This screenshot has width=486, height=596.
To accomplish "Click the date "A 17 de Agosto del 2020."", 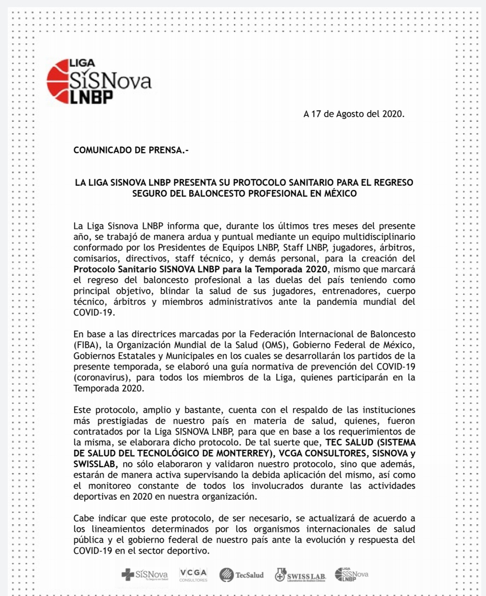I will click(x=354, y=114).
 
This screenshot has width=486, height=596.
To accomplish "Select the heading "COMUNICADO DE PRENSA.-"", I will click(x=131, y=151).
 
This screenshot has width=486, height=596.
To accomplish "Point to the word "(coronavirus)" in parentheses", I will click(x=101, y=378).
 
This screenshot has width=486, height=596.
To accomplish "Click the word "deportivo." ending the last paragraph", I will click(x=189, y=551).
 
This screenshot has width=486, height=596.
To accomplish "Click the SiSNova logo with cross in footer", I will click(x=144, y=575).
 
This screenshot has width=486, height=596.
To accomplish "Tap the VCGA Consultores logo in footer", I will click(x=193, y=574).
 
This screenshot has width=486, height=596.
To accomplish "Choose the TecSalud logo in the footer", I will click(x=242, y=575).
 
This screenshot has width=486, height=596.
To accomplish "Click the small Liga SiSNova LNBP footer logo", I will click(x=351, y=574).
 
